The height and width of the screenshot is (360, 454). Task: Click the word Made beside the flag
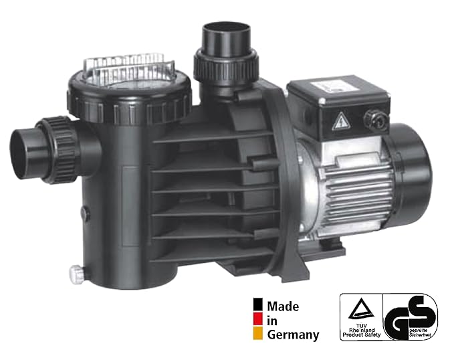[x=283, y=306]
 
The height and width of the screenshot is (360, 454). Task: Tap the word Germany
[x=294, y=335]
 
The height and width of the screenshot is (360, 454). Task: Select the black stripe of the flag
[x=257, y=307]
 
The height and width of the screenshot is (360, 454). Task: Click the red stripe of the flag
[x=257, y=321]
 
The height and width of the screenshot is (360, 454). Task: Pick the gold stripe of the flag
[x=257, y=335]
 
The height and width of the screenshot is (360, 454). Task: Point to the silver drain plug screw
[x=75, y=273]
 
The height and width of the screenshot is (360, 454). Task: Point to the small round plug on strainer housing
[x=85, y=213]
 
